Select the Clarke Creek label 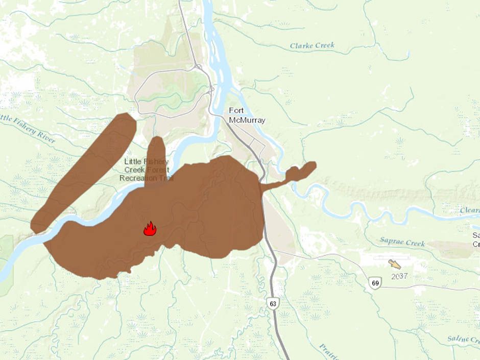point(312,45)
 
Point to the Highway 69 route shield point(376,282)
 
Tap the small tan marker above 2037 point(394,263)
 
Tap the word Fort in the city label point(237,110)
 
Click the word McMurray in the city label point(247,121)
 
